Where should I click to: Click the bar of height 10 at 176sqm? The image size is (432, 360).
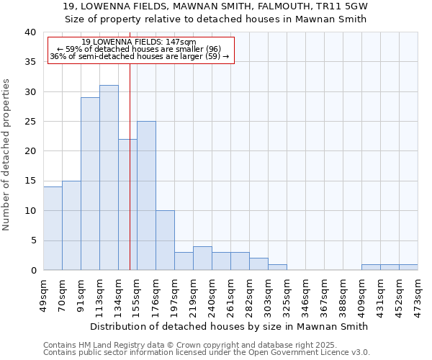click(165, 240)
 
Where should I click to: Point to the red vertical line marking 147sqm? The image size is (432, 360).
click(130, 166)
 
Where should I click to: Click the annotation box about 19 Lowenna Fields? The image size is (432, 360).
click(141, 50)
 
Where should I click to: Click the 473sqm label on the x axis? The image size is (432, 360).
click(418, 294)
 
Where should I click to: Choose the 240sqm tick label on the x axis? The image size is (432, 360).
click(212, 294)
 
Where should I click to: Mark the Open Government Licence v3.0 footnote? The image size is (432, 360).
click(207, 353)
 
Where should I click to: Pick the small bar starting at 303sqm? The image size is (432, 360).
click(277, 267)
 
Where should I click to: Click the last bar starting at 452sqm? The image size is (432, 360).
click(408, 267)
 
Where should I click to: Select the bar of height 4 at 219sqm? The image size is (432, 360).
click(202, 258)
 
